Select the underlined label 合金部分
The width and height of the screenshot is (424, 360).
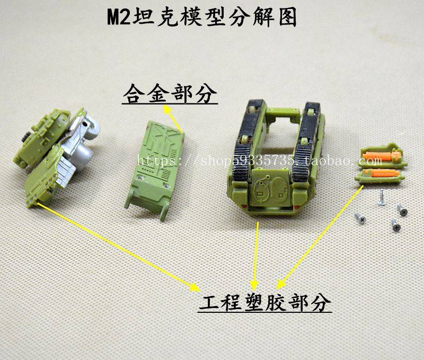[170, 94]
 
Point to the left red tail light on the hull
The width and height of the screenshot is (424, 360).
[244, 207]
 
